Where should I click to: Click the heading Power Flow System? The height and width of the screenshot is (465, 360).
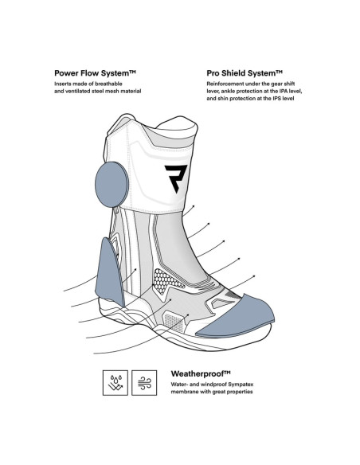pos(95,73)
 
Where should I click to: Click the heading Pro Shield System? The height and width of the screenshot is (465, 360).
pos(245,73)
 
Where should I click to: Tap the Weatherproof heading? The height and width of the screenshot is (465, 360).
pos(201,373)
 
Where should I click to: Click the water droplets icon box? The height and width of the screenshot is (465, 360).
pos(115,382)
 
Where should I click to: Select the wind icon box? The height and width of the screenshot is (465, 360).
pos(144,382)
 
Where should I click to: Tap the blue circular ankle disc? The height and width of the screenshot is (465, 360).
pos(112,185)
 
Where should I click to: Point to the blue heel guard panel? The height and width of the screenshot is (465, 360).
pos(108,273)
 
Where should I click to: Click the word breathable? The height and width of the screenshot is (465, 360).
pos(108,84)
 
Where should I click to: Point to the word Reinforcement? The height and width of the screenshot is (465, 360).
pos(225,84)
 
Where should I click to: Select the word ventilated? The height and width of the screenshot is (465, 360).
pos(78,91)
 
